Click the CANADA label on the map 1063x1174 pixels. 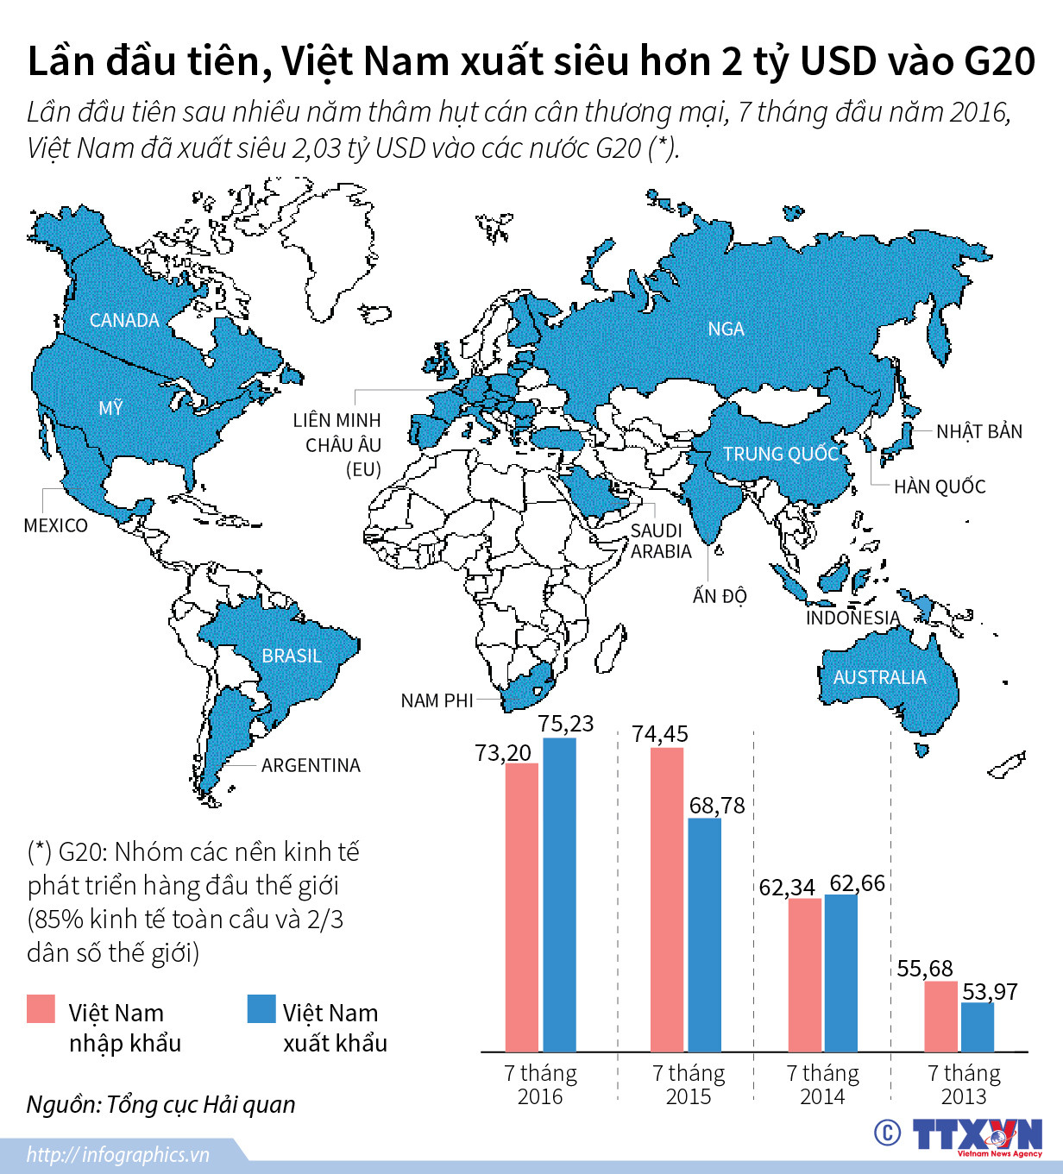[x=124, y=320]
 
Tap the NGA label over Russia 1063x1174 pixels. [x=726, y=329]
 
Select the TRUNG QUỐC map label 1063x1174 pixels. [x=781, y=454]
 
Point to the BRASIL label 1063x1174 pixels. [x=292, y=656]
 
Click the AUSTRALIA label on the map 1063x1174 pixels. [x=879, y=677]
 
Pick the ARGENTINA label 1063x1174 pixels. [x=311, y=765]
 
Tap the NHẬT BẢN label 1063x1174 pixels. [x=979, y=431]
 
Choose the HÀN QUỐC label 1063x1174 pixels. [x=940, y=487]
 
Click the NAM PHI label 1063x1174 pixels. [x=437, y=700]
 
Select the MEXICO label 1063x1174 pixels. [x=55, y=525]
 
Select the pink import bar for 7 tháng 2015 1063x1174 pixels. [x=666, y=900]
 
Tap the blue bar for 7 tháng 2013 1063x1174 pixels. [x=978, y=1026]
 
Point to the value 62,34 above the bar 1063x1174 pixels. [x=787, y=887]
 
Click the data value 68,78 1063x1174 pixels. [x=717, y=806]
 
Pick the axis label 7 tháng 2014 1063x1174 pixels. [x=822, y=1084]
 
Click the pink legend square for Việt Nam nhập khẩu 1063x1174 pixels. [x=41, y=1009]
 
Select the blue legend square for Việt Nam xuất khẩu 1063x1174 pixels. [x=261, y=1009]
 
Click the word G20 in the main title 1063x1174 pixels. [x=999, y=61]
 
